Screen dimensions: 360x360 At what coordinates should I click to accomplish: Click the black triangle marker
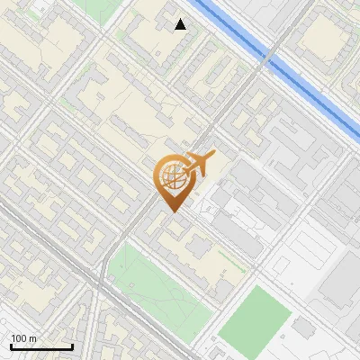coord(181,24)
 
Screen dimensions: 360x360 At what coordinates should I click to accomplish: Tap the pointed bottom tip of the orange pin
coord(171,212)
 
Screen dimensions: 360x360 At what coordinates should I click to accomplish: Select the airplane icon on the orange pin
coord(197,166)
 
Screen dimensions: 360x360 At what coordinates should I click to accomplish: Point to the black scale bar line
coord(41,346)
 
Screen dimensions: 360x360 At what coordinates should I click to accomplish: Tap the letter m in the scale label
coord(33,338)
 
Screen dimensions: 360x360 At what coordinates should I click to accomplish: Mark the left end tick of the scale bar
coord(11,345)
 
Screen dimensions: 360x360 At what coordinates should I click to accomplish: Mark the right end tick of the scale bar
coord(72,345)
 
